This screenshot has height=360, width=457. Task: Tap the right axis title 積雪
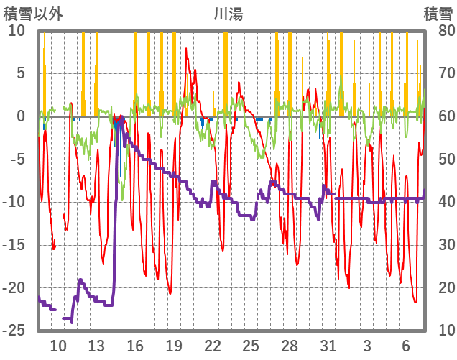[x=438, y=13]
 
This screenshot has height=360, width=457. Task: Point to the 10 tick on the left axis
[x=17, y=31]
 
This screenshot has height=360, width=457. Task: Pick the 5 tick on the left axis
[x=21, y=73]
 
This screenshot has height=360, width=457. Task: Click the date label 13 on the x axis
[x=96, y=345]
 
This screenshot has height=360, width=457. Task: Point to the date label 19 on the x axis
[x=174, y=345]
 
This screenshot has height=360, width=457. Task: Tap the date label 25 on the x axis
[x=251, y=345]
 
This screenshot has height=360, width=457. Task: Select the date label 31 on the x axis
[x=328, y=345]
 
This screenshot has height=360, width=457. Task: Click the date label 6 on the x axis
[x=405, y=345]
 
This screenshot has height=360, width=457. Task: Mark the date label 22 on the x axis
[x=213, y=345]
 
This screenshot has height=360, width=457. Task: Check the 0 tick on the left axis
[x=21, y=116]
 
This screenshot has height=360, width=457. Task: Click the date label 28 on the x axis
[x=290, y=345]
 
